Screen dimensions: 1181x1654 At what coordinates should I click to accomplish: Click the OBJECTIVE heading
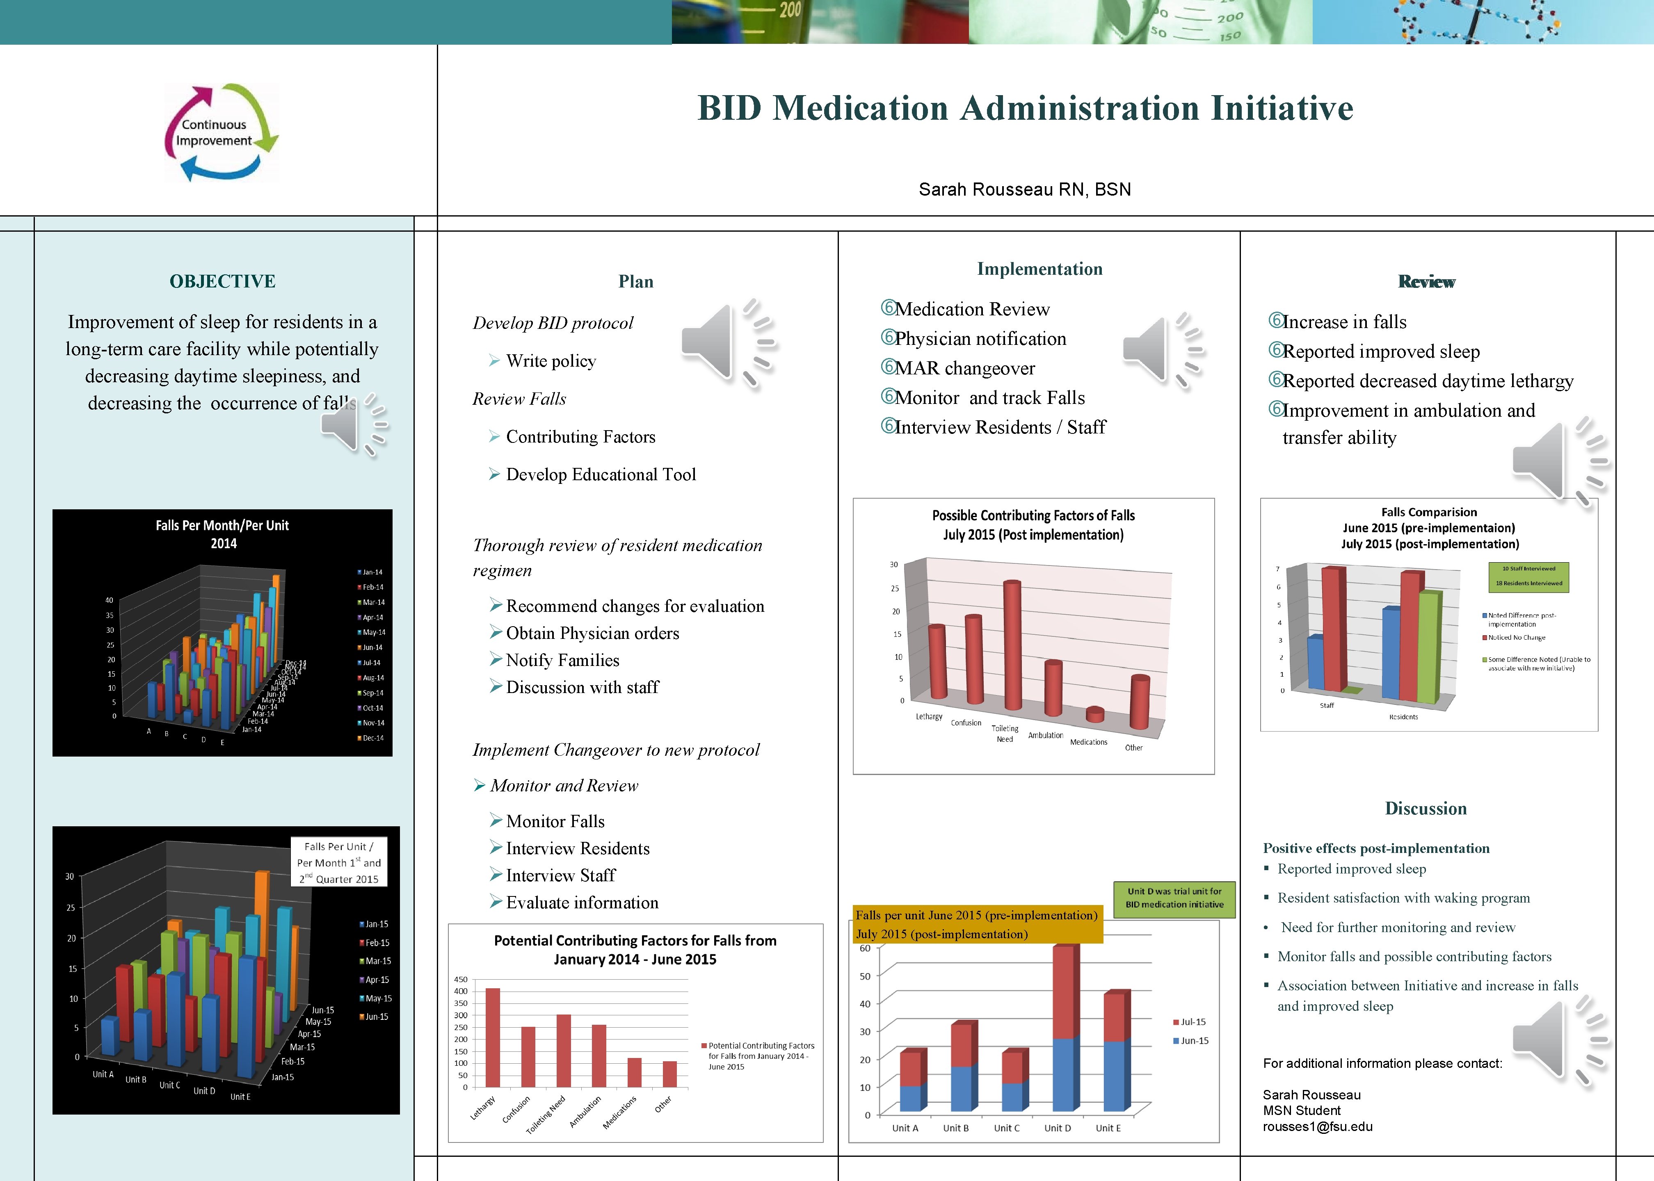[x=223, y=281]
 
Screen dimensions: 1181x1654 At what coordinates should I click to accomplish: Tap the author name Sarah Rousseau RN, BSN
[x=1024, y=190]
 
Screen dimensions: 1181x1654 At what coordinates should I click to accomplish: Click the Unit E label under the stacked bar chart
[x=1108, y=1128]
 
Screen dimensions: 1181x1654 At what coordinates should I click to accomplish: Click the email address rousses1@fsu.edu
[x=1317, y=1126]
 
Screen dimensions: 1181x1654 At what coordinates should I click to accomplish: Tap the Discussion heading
[x=1426, y=809]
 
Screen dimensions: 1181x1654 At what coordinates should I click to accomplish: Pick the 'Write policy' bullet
[x=551, y=361]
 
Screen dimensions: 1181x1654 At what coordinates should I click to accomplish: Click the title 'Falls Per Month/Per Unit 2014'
[x=223, y=534]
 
